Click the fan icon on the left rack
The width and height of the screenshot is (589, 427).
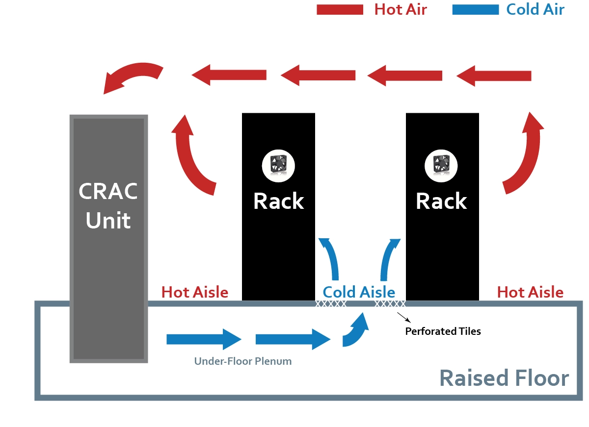pyautogui.click(x=278, y=165)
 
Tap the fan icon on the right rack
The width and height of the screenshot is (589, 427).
pyautogui.click(x=442, y=165)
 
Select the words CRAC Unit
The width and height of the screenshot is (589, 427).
pyautogui.click(x=108, y=206)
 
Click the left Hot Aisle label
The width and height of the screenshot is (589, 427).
pyautogui.click(x=195, y=293)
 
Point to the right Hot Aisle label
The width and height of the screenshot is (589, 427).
pyautogui.click(x=530, y=293)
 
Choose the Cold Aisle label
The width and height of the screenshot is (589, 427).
pyautogui.click(x=359, y=293)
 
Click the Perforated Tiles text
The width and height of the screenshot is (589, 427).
pyautogui.click(x=443, y=331)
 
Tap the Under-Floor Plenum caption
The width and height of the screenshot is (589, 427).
pyautogui.click(x=243, y=362)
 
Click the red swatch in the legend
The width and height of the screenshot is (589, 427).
pyautogui.click(x=340, y=9)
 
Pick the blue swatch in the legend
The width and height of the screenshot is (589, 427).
pyautogui.click(x=476, y=9)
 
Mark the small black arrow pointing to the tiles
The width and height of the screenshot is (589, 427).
pyautogui.click(x=402, y=317)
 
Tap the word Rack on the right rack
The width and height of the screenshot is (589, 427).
pyautogui.click(x=441, y=201)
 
